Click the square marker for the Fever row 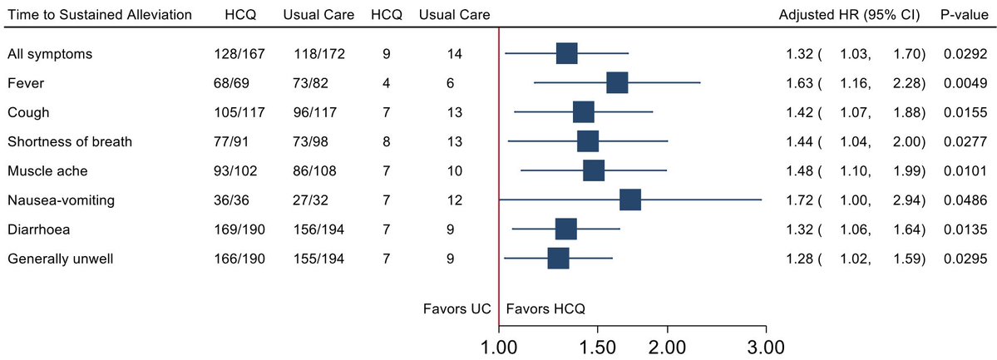point(617,83)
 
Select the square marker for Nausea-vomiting point(629,200)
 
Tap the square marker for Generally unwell point(558,258)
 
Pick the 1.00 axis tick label point(498,344)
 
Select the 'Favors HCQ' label point(545,308)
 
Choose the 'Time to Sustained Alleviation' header point(100,16)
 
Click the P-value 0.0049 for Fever point(965,83)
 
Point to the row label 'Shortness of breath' point(70,141)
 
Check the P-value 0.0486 point(965,200)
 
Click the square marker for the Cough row point(584,112)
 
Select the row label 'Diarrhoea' point(41,229)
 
